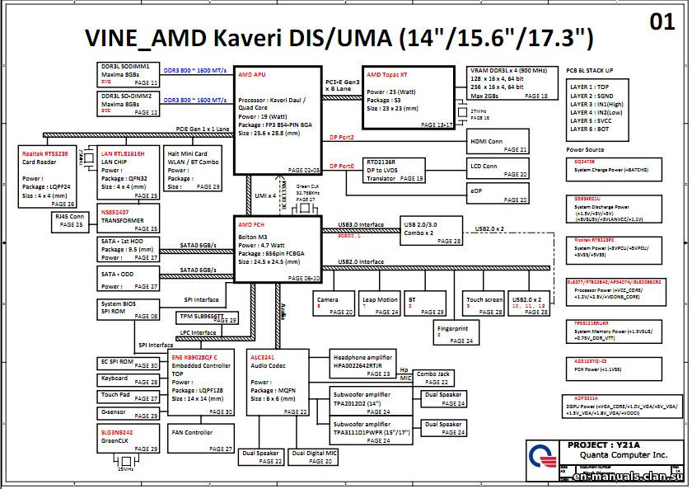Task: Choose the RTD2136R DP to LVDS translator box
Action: tap(395, 170)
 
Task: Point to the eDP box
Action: tap(498, 194)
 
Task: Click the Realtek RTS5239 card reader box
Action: tap(48, 177)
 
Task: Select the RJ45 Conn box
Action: tap(70, 220)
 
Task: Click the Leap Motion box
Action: tap(379, 304)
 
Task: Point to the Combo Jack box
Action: tap(433, 378)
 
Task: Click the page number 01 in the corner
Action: tap(662, 22)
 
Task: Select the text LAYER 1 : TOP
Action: tap(590, 87)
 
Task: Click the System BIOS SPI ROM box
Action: tap(129, 309)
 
